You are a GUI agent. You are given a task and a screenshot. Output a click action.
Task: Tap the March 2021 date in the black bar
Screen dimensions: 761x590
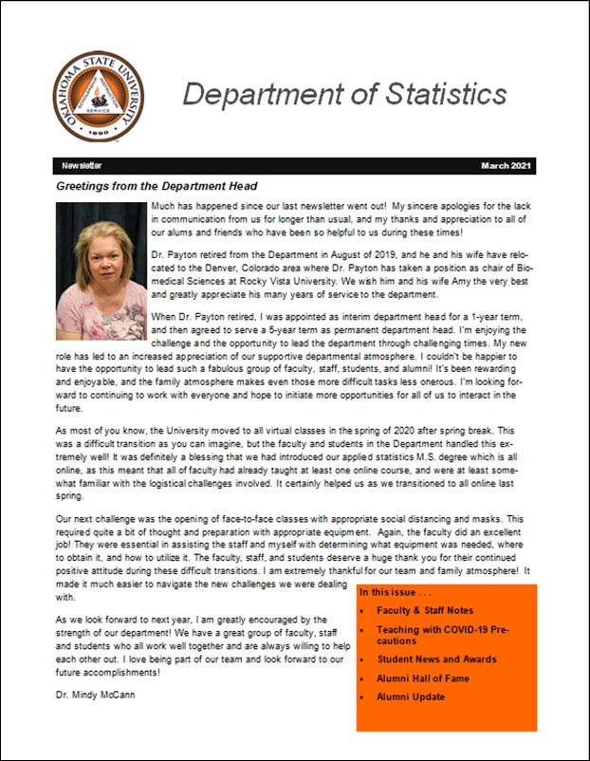click(507, 166)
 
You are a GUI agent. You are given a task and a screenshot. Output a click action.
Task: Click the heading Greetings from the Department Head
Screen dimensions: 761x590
click(157, 186)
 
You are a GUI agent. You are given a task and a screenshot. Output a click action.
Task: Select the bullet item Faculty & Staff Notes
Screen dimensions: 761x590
click(424, 610)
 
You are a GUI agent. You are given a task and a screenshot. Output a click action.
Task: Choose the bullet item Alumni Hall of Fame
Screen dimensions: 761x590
click(422, 678)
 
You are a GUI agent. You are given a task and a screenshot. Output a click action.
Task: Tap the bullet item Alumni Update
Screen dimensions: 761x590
click(411, 697)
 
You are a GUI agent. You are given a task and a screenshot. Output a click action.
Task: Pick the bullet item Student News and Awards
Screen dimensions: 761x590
click(436, 659)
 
